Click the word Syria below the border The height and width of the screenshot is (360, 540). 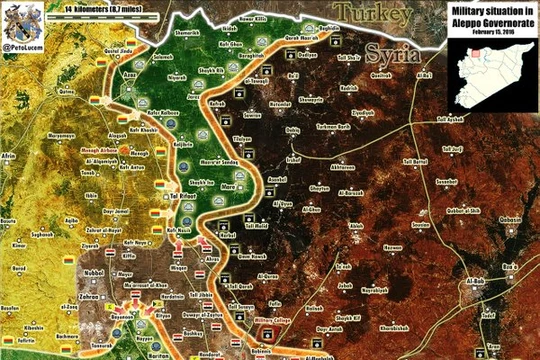point(392,53)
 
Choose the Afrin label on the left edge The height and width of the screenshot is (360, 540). point(9,157)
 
